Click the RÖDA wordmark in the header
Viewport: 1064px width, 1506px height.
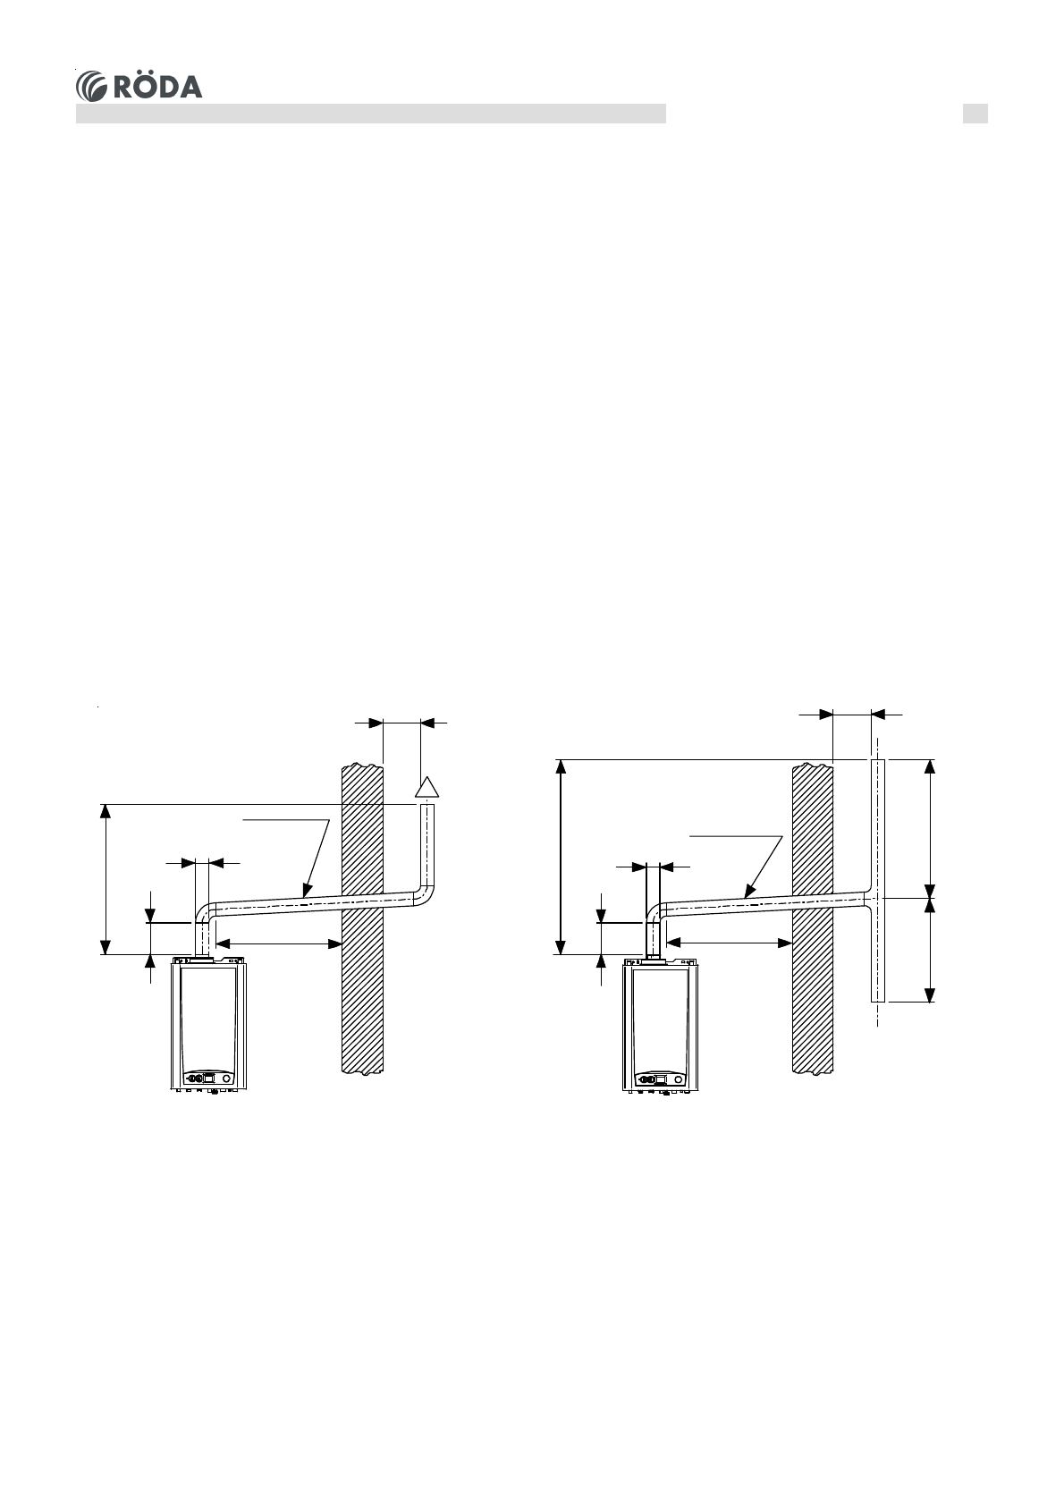coord(158,87)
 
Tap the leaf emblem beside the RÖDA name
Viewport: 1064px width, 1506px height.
coord(92,87)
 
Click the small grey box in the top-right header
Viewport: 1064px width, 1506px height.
coord(975,114)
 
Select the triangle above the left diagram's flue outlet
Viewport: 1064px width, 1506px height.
coord(426,787)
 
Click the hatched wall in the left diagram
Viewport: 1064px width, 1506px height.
coord(362,918)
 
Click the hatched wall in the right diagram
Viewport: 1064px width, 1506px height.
coord(813,918)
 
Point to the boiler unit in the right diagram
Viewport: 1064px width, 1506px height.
coord(660,1026)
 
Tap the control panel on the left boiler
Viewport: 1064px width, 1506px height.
coord(208,1077)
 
